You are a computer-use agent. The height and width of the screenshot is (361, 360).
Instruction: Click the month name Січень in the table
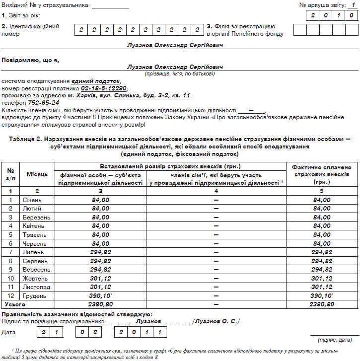click(32, 200)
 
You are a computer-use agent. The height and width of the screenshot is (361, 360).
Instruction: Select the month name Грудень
click(34, 295)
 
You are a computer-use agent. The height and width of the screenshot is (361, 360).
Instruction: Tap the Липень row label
click(33, 252)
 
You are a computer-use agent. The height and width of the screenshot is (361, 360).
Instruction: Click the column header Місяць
click(37, 174)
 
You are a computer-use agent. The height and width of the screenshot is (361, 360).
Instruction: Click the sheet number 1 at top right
click(353, 4)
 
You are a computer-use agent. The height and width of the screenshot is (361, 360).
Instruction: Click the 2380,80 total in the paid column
click(322, 304)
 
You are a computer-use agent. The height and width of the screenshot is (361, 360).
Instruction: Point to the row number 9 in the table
click(10, 270)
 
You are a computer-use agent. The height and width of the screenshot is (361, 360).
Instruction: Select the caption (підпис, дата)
click(334, 340)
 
